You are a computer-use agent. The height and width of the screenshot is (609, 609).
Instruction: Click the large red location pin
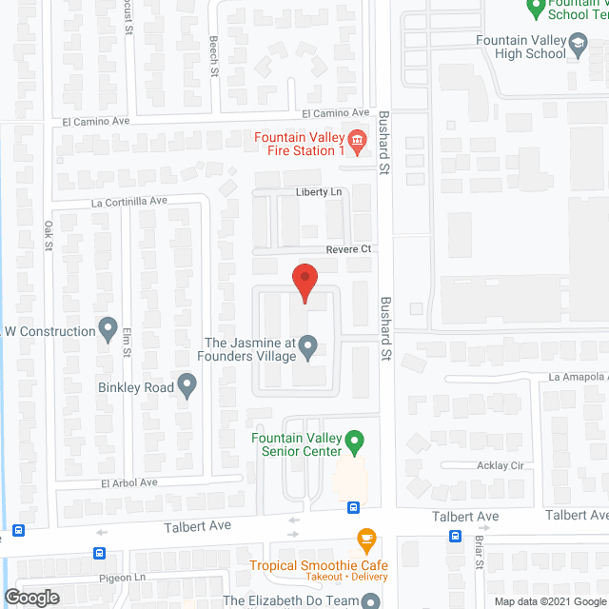[x=304, y=283]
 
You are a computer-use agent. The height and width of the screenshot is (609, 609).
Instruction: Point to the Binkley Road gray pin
[x=187, y=386]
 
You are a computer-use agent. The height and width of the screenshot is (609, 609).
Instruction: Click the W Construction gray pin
[x=108, y=330]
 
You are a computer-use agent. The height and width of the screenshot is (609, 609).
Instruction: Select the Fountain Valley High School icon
[x=577, y=44]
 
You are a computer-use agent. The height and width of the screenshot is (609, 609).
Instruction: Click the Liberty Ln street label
[x=318, y=191]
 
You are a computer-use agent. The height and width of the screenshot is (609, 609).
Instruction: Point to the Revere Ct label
[x=347, y=248]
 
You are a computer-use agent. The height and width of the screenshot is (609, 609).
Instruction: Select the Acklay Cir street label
[x=501, y=466]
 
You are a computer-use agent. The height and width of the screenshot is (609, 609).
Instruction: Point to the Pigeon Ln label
[x=120, y=577]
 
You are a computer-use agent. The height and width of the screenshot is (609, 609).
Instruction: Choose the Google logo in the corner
[x=31, y=597]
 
